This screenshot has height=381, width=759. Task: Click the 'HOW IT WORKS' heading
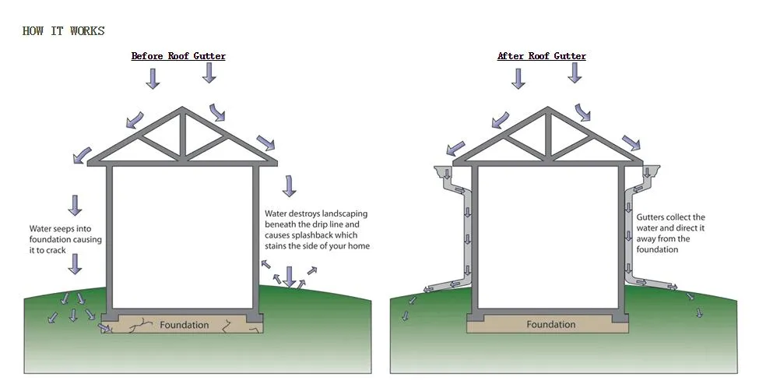click(x=63, y=31)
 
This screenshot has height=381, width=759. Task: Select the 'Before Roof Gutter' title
click(x=178, y=56)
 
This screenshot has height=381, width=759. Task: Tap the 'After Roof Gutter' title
click(x=542, y=56)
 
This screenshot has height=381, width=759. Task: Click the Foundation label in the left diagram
click(x=184, y=324)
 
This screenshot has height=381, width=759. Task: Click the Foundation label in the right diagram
click(x=551, y=324)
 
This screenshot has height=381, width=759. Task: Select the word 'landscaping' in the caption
click(x=343, y=213)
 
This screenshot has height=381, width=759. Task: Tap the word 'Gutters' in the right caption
click(x=652, y=218)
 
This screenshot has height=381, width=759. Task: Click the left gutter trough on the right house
click(x=444, y=171)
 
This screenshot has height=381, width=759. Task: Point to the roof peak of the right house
click(x=548, y=110)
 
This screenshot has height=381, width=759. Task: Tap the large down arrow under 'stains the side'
click(x=290, y=275)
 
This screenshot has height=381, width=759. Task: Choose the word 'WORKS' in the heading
click(x=87, y=31)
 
